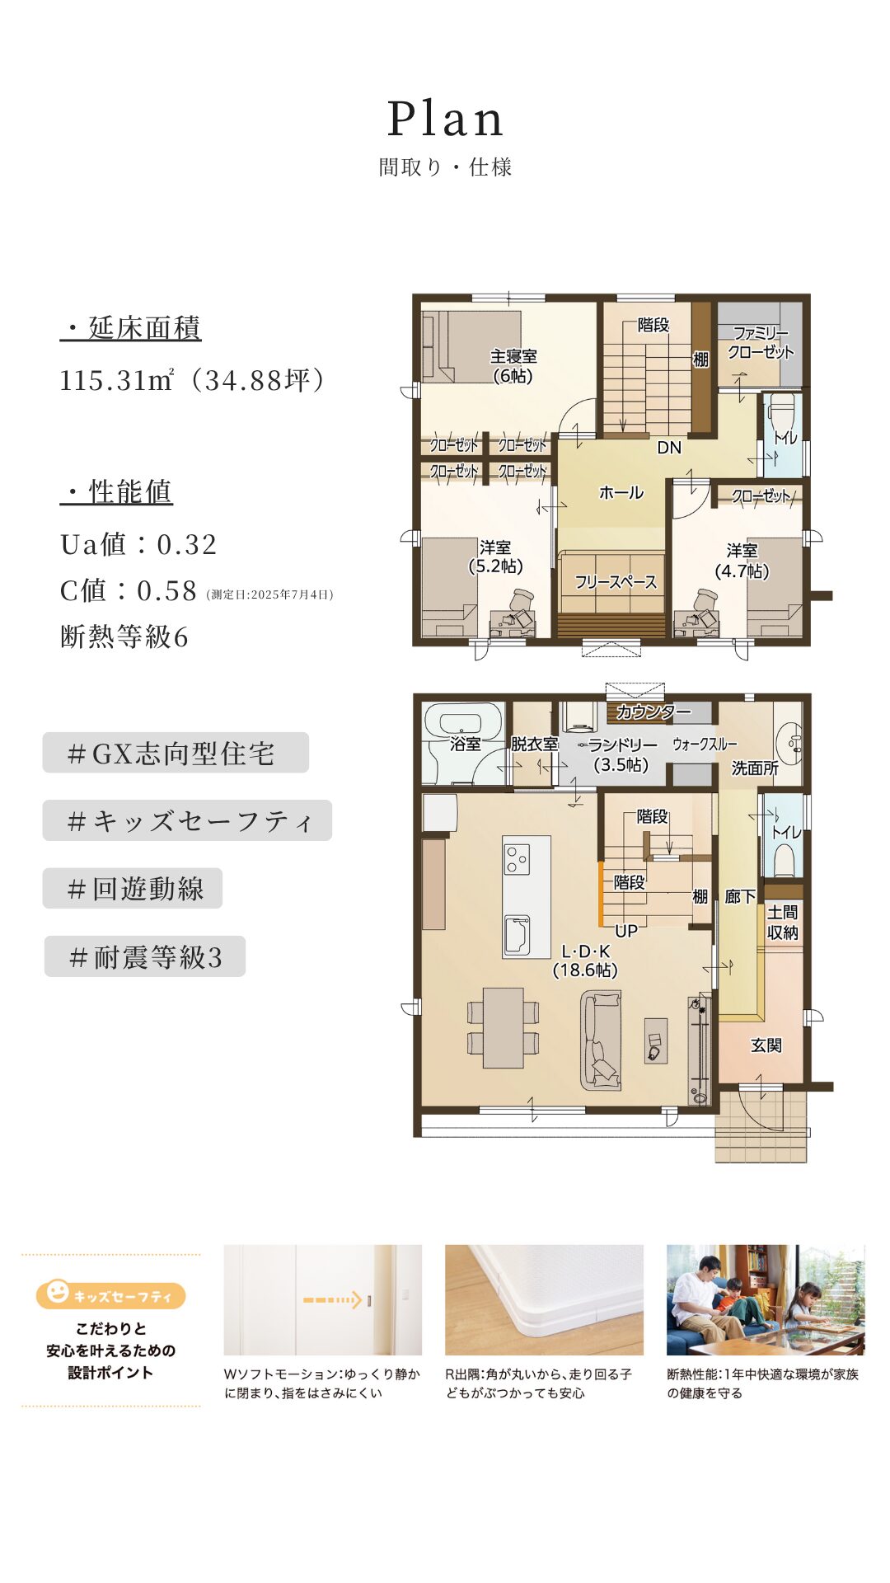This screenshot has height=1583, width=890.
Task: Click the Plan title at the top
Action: [445, 120]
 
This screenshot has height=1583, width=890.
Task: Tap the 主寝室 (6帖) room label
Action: [513, 366]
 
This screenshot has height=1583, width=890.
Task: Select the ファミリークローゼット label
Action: [760, 342]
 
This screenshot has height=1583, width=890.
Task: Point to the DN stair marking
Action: [669, 448]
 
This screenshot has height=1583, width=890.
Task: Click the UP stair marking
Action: [626, 931]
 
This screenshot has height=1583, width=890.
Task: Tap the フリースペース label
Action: [616, 582]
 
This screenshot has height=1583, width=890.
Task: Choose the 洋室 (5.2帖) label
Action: [495, 557]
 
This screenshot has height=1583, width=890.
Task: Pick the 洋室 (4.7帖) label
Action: [742, 561]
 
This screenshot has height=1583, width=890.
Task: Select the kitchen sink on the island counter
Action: [517, 934]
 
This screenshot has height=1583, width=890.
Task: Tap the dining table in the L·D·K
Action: [503, 1027]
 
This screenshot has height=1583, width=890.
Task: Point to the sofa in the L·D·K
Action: [601, 1040]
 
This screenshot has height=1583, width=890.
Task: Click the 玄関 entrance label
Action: [766, 1045]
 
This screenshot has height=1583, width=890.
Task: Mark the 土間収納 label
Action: [782, 922]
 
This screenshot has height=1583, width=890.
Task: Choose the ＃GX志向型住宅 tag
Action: [176, 753]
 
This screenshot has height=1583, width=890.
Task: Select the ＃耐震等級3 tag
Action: [145, 956]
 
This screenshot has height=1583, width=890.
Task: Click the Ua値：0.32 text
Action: [138, 544]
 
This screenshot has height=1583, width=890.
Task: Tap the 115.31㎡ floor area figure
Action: [116, 380]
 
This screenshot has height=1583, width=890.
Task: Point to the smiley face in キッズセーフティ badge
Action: [57, 1292]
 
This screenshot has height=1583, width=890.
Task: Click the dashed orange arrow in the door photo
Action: [333, 1300]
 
